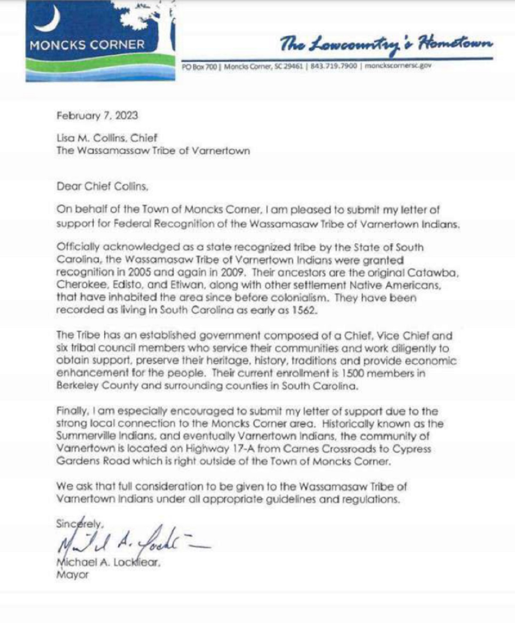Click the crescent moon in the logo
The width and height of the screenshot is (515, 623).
coord(49,20)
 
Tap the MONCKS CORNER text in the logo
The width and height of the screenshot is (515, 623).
coord(87,45)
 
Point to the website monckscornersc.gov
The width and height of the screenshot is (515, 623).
coord(398,66)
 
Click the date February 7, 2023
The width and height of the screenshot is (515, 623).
coord(97,115)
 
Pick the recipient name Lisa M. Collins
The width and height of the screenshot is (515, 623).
coord(91,138)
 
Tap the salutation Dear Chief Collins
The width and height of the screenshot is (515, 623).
coord(102,186)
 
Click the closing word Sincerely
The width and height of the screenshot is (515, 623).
coord(79,524)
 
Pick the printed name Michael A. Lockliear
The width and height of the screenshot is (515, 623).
coord(108,563)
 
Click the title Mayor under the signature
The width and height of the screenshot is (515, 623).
coord(72,575)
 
